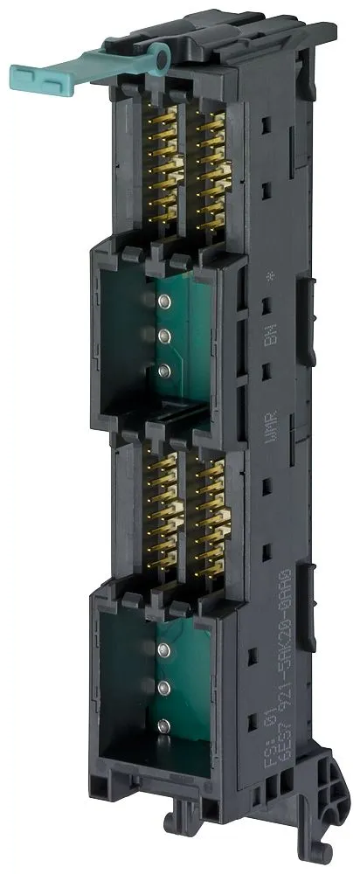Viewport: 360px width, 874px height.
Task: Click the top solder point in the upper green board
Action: [x=163, y=302]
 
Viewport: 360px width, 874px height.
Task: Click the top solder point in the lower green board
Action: [x=163, y=649]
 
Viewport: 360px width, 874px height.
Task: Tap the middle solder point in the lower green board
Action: [x=163, y=687]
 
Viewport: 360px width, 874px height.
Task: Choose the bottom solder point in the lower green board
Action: [x=163, y=725]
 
